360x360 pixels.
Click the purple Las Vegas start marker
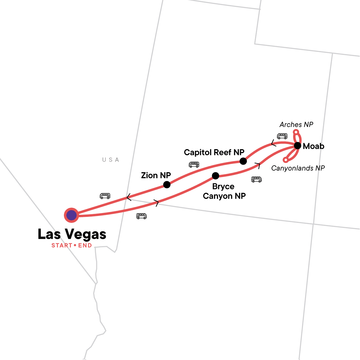coord(71,215)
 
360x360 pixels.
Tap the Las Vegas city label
coord(72,234)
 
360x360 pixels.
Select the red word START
coord(62,245)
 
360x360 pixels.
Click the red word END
coord(85,245)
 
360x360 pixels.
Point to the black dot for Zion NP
coord(167,184)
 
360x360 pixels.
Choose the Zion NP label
coord(156,175)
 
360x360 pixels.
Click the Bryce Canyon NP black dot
coord(215,175)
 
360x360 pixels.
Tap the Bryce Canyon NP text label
coord(224,191)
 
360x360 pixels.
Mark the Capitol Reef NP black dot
coord(243,161)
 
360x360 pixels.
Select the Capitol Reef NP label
coord(214,152)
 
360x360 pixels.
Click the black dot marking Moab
coord(297,146)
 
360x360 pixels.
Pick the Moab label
coord(313,146)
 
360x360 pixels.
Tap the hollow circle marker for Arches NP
coord(296,132)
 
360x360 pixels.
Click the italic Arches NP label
coord(296,124)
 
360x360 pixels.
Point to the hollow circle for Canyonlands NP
coord(286,160)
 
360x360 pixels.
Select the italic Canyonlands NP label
coord(298,168)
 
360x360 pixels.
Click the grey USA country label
coord(111,160)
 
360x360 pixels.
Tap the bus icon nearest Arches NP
coord(282,136)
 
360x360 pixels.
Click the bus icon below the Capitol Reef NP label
coord(194,164)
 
